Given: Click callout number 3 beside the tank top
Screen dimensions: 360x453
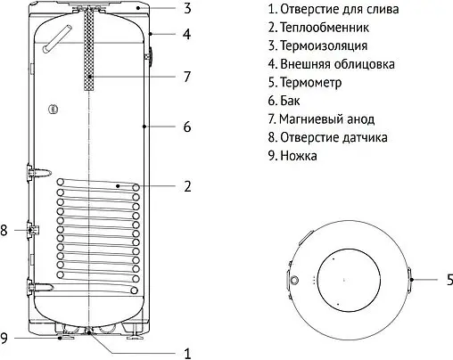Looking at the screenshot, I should [x=187, y=9].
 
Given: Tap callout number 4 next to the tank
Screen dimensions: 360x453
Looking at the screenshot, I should [x=187, y=36].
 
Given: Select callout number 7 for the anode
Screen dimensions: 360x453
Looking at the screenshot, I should [x=187, y=77].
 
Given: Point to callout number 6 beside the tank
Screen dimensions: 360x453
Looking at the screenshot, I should [x=187, y=127].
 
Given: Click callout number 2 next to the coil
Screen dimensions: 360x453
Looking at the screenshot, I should [x=187, y=186].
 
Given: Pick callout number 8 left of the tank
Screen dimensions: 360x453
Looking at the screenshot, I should [x=5, y=230].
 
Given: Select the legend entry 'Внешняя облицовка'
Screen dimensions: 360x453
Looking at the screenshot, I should [x=331, y=64].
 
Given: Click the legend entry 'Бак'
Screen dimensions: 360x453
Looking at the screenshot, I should [x=285, y=101].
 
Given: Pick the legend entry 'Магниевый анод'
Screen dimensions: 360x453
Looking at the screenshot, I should [x=320, y=119].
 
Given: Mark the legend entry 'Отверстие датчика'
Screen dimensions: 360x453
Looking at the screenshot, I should [x=325, y=137].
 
